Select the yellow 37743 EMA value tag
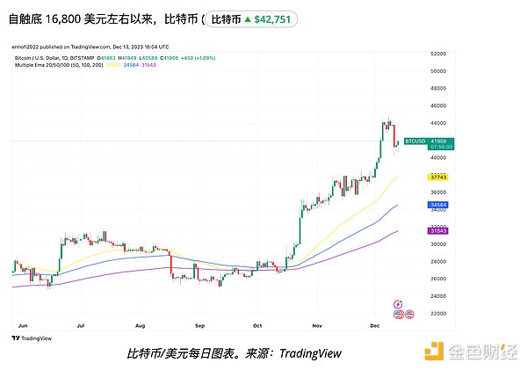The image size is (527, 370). (438, 177)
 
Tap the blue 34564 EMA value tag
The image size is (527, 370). (438, 205)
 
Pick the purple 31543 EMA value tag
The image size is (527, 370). (438, 230)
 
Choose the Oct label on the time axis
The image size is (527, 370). (257, 325)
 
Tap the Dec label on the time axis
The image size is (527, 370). (375, 325)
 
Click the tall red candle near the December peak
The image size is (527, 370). (393, 133)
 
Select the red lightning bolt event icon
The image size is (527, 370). (399, 303)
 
